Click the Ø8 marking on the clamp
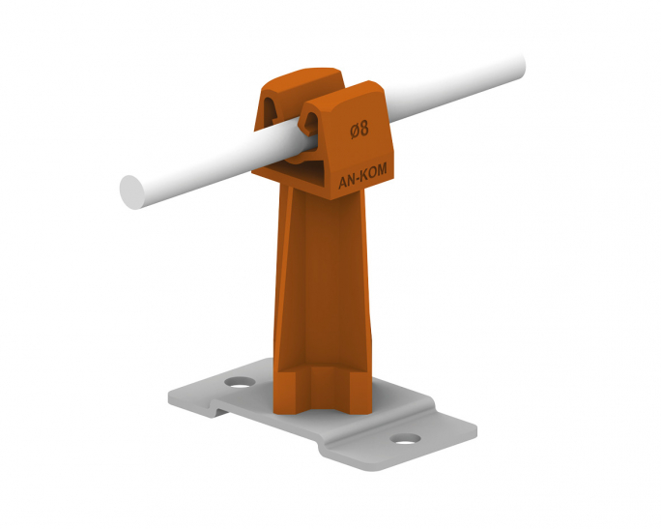coord(359,129)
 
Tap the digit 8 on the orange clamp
coord(364,129)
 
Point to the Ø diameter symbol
coord(354,130)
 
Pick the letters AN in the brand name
coord(346,182)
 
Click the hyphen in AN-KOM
coord(357,179)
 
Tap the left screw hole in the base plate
coord(240,382)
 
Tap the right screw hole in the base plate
coord(405,439)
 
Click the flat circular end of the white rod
coord(132,191)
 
